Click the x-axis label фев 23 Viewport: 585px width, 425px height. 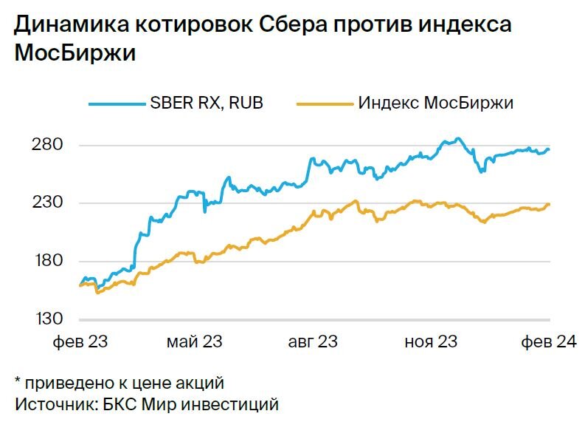pyautogui.click(x=81, y=341)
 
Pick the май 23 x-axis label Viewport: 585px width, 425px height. pyautogui.click(x=195, y=341)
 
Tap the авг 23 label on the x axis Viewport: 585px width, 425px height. pyautogui.click(x=312, y=341)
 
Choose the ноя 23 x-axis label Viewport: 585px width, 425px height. pyautogui.click(x=431, y=341)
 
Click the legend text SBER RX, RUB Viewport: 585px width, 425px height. pyautogui.click(x=206, y=103)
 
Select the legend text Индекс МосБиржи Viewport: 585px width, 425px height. pyautogui.click(x=435, y=103)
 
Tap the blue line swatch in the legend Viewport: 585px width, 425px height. pyautogui.click(x=117, y=103)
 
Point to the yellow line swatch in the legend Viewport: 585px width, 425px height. pyautogui.click(x=325, y=103)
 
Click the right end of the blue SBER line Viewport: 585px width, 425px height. pyautogui.click(x=549, y=149)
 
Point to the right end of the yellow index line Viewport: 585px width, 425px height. pyautogui.click(x=549, y=204)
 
